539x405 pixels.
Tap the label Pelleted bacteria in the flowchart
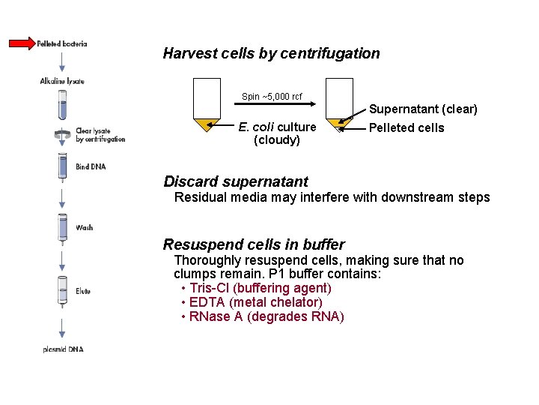tap(62, 43)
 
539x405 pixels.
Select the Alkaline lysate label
tap(62, 81)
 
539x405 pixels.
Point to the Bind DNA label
tap(91, 166)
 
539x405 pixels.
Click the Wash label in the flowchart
tap(84, 227)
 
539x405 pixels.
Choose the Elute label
tap(83, 291)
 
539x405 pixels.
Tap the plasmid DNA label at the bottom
tap(63, 349)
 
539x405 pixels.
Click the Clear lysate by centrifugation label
tap(100, 135)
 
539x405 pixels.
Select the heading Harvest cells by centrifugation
tap(271, 53)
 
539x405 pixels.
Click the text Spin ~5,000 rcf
tap(272, 97)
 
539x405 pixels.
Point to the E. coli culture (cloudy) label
tap(277, 133)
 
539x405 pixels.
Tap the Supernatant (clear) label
tap(423, 109)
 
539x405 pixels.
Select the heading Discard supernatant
tap(236, 181)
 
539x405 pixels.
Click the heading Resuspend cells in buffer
tap(254, 244)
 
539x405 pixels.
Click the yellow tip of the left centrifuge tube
tap(206, 124)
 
